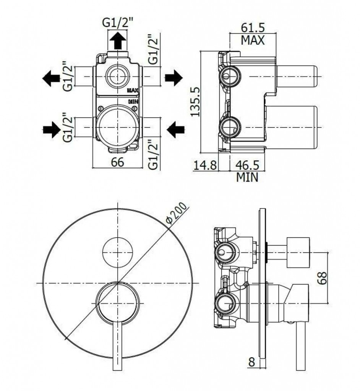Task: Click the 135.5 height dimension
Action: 195,101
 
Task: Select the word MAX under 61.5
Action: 253,40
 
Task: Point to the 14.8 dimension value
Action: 205,165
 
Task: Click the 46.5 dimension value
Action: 247,165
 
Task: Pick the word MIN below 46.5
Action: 247,177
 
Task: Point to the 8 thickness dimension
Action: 251,362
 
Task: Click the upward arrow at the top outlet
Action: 118,40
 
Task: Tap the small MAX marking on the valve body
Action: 133,90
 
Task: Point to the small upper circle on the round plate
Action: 118,252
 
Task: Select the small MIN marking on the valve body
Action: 133,102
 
